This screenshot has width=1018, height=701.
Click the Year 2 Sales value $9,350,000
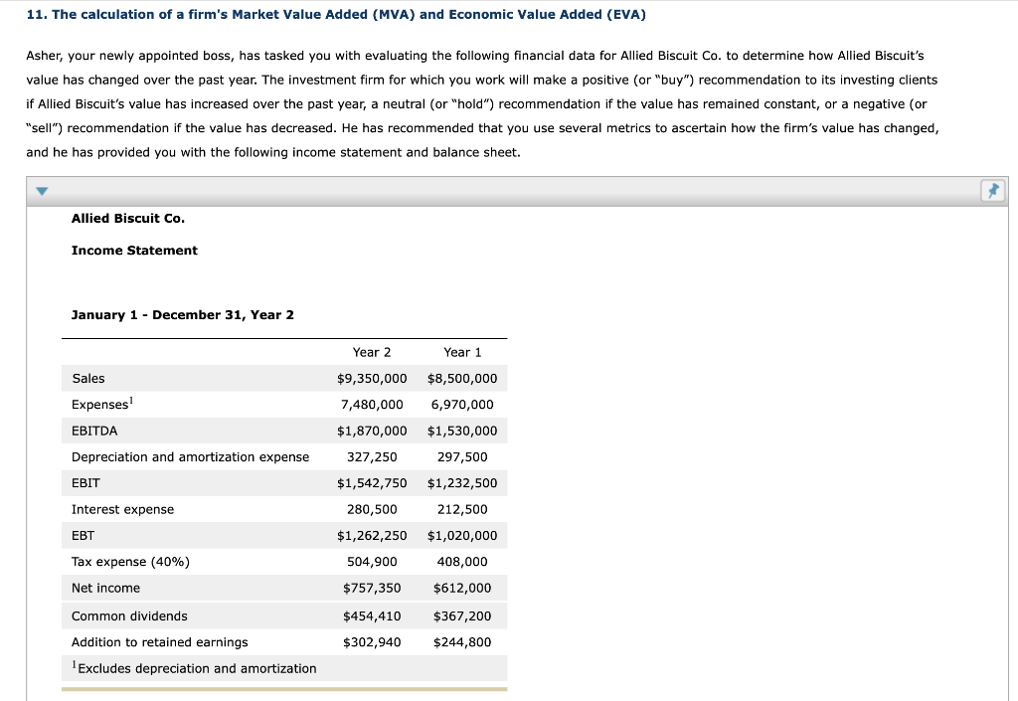coord(372,379)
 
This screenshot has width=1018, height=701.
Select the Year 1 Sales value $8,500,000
coord(462,379)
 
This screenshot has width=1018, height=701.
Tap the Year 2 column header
coord(372,352)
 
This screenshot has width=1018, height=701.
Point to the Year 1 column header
coord(462,352)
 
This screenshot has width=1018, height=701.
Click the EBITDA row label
coord(94,431)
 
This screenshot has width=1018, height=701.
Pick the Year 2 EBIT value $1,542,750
coord(372,483)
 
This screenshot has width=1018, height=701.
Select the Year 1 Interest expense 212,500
coord(462,509)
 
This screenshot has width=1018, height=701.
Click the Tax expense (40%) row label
coord(130,562)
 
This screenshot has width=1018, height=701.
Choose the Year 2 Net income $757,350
coord(372,589)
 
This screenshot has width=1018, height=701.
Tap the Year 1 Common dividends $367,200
coord(462,616)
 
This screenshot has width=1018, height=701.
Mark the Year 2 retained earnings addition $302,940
coord(372,642)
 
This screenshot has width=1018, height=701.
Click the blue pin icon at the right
coord(993,191)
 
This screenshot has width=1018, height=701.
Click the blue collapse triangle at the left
coord(40,191)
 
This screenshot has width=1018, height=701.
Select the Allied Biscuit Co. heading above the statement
coord(128,218)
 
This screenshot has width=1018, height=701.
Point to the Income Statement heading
coord(134,251)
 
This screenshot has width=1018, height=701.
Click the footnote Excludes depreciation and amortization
coord(196,669)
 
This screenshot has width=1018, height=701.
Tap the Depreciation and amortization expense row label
coord(190,457)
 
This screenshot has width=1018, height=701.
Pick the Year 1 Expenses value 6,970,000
coord(462,405)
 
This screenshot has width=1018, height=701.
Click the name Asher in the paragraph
coord(44,57)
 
